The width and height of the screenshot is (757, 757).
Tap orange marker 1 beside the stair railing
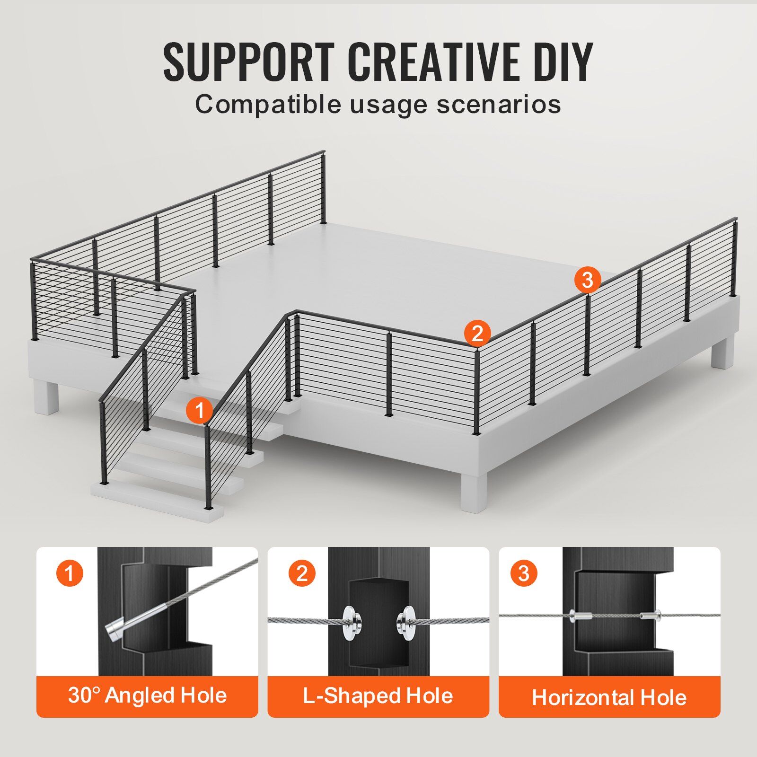[200, 410]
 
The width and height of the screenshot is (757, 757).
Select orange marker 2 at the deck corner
[477, 333]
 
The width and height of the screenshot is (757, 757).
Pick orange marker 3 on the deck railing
[587, 280]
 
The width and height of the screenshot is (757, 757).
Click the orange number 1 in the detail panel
[70, 573]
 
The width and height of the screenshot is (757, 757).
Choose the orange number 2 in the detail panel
[302, 573]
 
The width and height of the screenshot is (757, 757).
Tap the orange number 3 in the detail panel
[524, 573]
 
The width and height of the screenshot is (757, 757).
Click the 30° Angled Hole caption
[147, 695]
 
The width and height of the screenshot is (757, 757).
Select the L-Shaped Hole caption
[378, 696]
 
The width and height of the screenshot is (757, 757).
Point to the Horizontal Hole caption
[609, 698]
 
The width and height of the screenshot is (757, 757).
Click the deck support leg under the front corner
[474, 491]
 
